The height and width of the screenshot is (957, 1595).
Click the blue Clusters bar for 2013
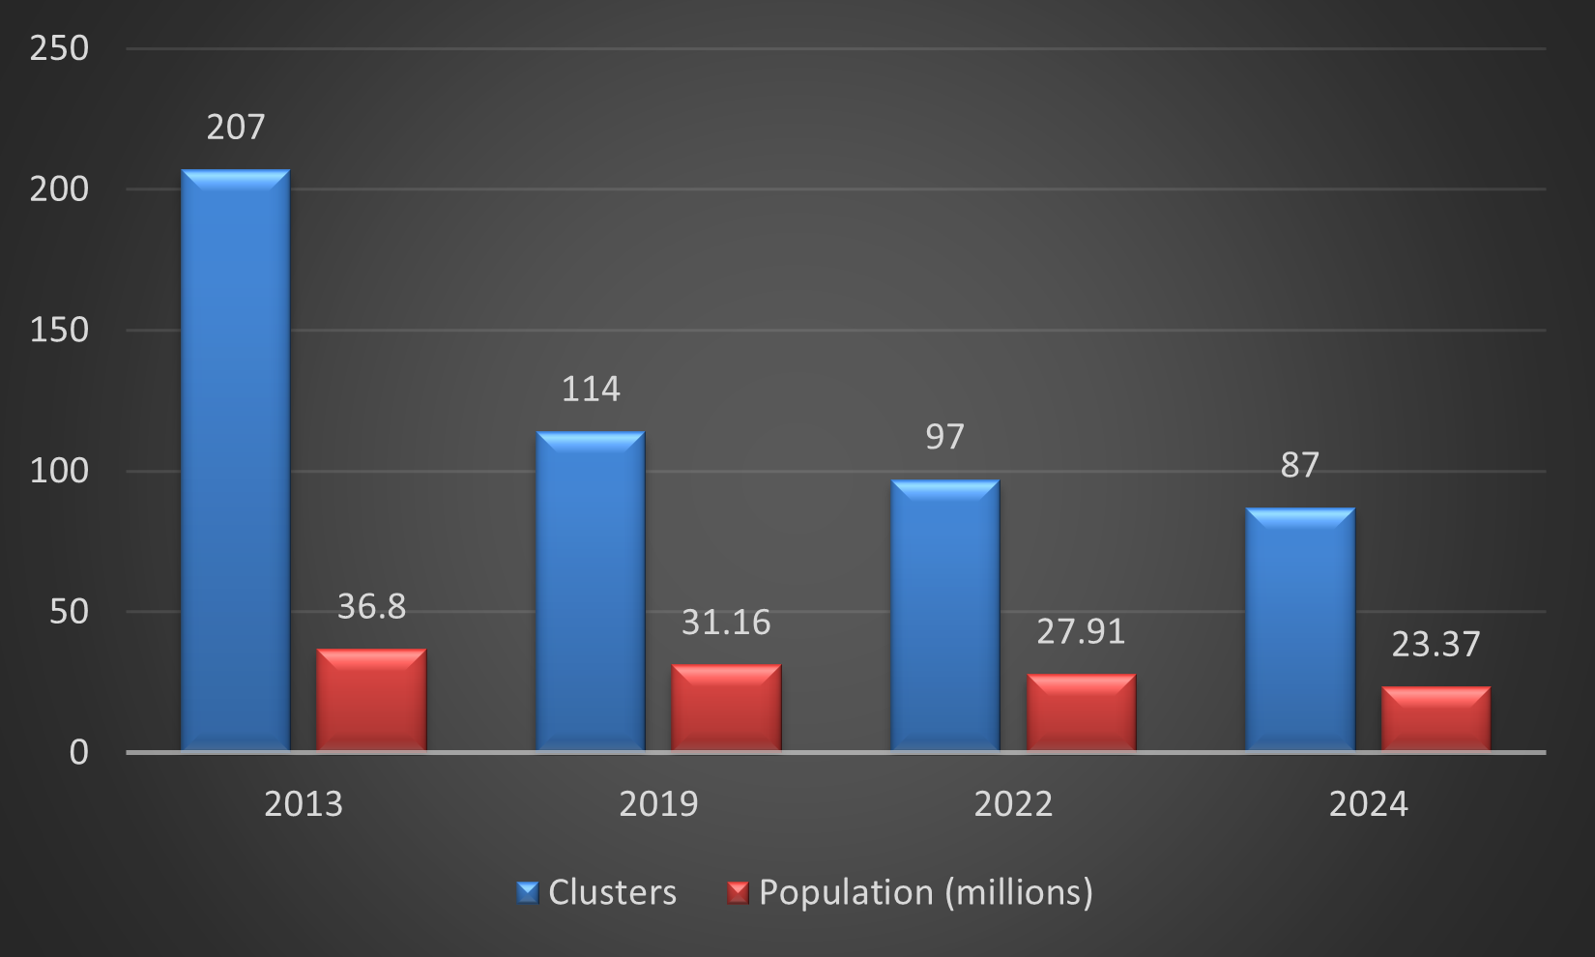point(235,460)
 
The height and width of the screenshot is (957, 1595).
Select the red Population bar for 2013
point(371,700)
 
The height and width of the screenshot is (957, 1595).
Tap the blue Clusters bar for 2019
point(590,591)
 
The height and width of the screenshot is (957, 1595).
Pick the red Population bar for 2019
point(726,708)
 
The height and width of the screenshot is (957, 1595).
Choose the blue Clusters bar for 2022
point(944,615)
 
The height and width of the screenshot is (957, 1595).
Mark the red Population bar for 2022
point(1081,712)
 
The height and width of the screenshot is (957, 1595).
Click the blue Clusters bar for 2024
point(1299,629)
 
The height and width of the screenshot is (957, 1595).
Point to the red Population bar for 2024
point(1435,718)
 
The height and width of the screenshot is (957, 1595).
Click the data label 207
point(235,128)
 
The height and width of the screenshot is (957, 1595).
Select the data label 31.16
point(726,623)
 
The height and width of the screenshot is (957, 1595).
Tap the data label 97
point(944,437)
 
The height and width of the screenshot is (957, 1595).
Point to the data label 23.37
point(1435,645)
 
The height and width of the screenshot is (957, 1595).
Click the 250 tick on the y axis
point(59,48)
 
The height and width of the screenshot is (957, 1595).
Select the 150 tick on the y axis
point(59,331)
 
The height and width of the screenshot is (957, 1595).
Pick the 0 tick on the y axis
point(78,752)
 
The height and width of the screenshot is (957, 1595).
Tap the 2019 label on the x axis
point(658,804)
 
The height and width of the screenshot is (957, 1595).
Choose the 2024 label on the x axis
point(1368,804)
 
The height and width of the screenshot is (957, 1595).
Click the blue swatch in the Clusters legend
point(527,892)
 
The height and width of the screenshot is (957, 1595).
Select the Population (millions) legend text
point(925,892)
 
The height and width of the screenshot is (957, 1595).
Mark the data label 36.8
point(371,607)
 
